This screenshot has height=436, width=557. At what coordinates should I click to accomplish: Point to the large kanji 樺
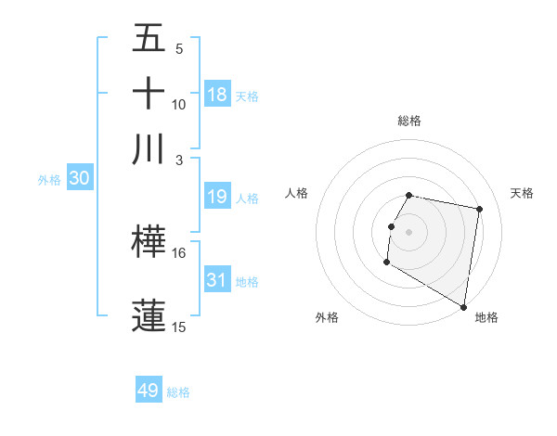(x=149, y=241)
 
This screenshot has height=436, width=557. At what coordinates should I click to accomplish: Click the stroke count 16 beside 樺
(x=179, y=252)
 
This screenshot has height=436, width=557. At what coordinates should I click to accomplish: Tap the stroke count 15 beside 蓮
(x=179, y=327)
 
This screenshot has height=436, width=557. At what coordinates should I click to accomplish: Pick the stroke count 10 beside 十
(x=179, y=104)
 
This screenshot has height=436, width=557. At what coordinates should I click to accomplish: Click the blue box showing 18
(x=217, y=94)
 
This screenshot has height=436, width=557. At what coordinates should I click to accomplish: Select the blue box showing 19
(x=217, y=197)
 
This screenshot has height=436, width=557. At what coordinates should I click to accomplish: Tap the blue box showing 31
(x=217, y=280)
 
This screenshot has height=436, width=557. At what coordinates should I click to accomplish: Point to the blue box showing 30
(x=79, y=179)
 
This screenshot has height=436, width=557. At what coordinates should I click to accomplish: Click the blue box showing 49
(x=149, y=391)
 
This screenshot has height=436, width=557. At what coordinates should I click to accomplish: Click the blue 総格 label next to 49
(x=178, y=392)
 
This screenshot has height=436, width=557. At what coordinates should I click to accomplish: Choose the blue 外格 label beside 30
(x=49, y=180)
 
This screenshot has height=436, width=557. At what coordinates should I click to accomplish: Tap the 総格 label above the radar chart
(x=409, y=121)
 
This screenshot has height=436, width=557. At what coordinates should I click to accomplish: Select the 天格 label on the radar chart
(x=522, y=193)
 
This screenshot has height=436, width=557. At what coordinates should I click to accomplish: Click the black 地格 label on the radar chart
(x=486, y=317)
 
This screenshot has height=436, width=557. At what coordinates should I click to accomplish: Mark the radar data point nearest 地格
(x=463, y=306)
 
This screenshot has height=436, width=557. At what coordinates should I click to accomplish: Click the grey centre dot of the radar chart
(x=409, y=232)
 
